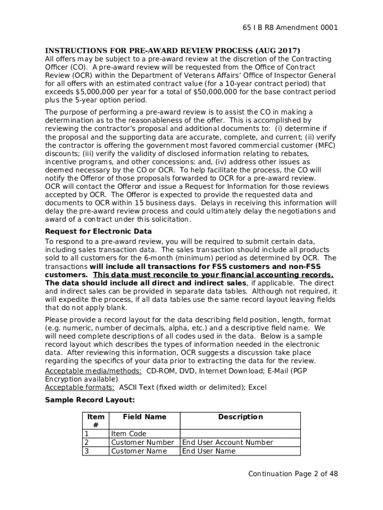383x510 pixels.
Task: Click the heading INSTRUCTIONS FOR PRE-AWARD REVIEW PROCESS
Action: click(173, 51)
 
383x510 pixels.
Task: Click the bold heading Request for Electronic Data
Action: click(98, 232)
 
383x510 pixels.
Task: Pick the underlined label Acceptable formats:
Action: click(80, 388)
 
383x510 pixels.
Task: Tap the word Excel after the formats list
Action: click(257, 388)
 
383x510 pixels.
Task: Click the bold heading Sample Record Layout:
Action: click(90, 400)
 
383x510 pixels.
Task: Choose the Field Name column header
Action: click(144, 417)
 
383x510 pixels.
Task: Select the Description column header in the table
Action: click(240, 417)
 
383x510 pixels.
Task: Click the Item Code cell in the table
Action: click(129, 434)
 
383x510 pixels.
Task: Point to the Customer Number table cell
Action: click(142, 442)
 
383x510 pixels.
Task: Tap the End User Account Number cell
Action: click(227, 442)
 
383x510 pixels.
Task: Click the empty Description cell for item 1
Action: click(240, 434)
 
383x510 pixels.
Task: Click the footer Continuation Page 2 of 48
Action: click(293, 474)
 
